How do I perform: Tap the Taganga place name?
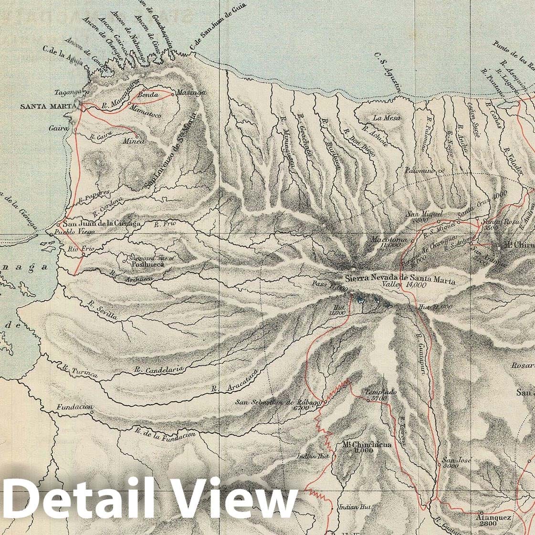66,94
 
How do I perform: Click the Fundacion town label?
74,407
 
